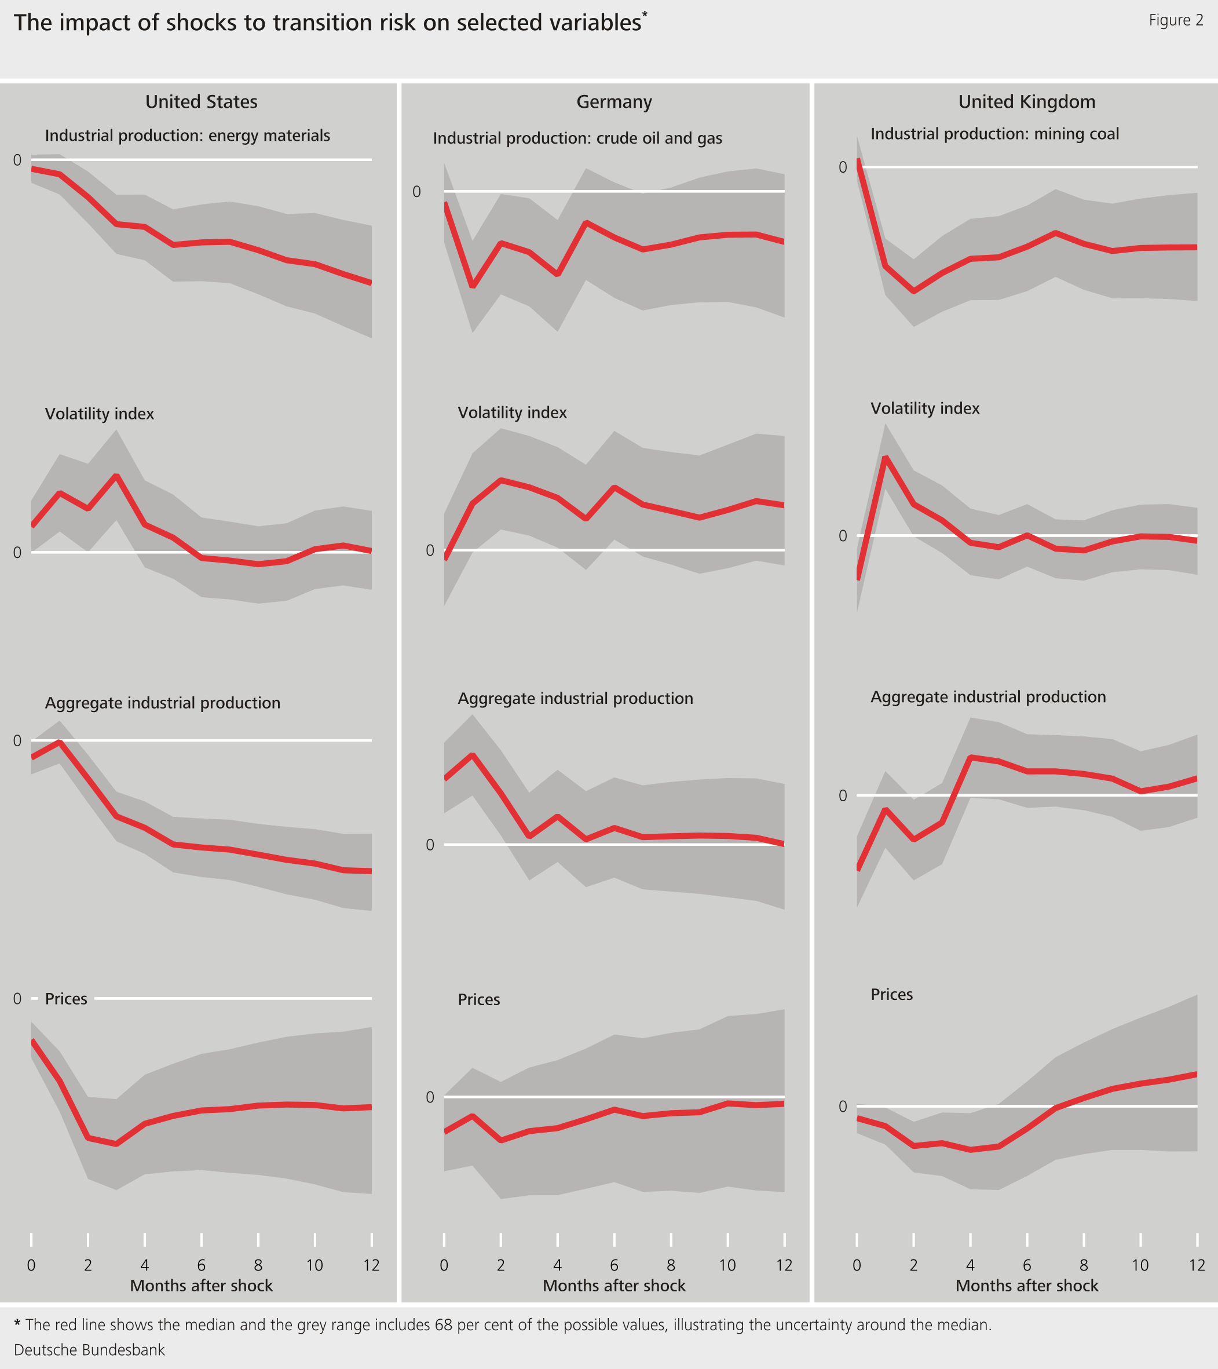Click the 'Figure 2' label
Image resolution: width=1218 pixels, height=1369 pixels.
point(1176,20)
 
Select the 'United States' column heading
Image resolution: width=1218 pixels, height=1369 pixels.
point(201,102)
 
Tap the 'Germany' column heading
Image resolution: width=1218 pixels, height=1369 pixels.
point(614,102)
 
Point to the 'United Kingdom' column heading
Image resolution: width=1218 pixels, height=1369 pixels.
point(1026,102)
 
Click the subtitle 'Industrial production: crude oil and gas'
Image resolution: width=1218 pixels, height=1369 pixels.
point(577,138)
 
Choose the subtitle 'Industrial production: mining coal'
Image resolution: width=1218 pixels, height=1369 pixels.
point(994,134)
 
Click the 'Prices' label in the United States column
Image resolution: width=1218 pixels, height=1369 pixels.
point(65,999)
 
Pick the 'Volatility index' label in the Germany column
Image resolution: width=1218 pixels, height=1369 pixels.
point(511,412)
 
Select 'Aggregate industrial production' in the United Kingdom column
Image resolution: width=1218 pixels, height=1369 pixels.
point(987,696)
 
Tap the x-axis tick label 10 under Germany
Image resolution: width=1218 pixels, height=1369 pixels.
point(727,1265)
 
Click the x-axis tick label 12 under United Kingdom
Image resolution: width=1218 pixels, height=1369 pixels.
point(1197,1265)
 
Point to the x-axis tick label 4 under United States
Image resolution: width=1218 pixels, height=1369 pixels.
point(145,1265)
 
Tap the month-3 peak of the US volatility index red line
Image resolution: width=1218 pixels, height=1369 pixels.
point(116,476)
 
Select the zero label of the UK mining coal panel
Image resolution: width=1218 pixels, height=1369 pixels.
point(842,167)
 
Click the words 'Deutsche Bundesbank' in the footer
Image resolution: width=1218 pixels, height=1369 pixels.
point(89,1349)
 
